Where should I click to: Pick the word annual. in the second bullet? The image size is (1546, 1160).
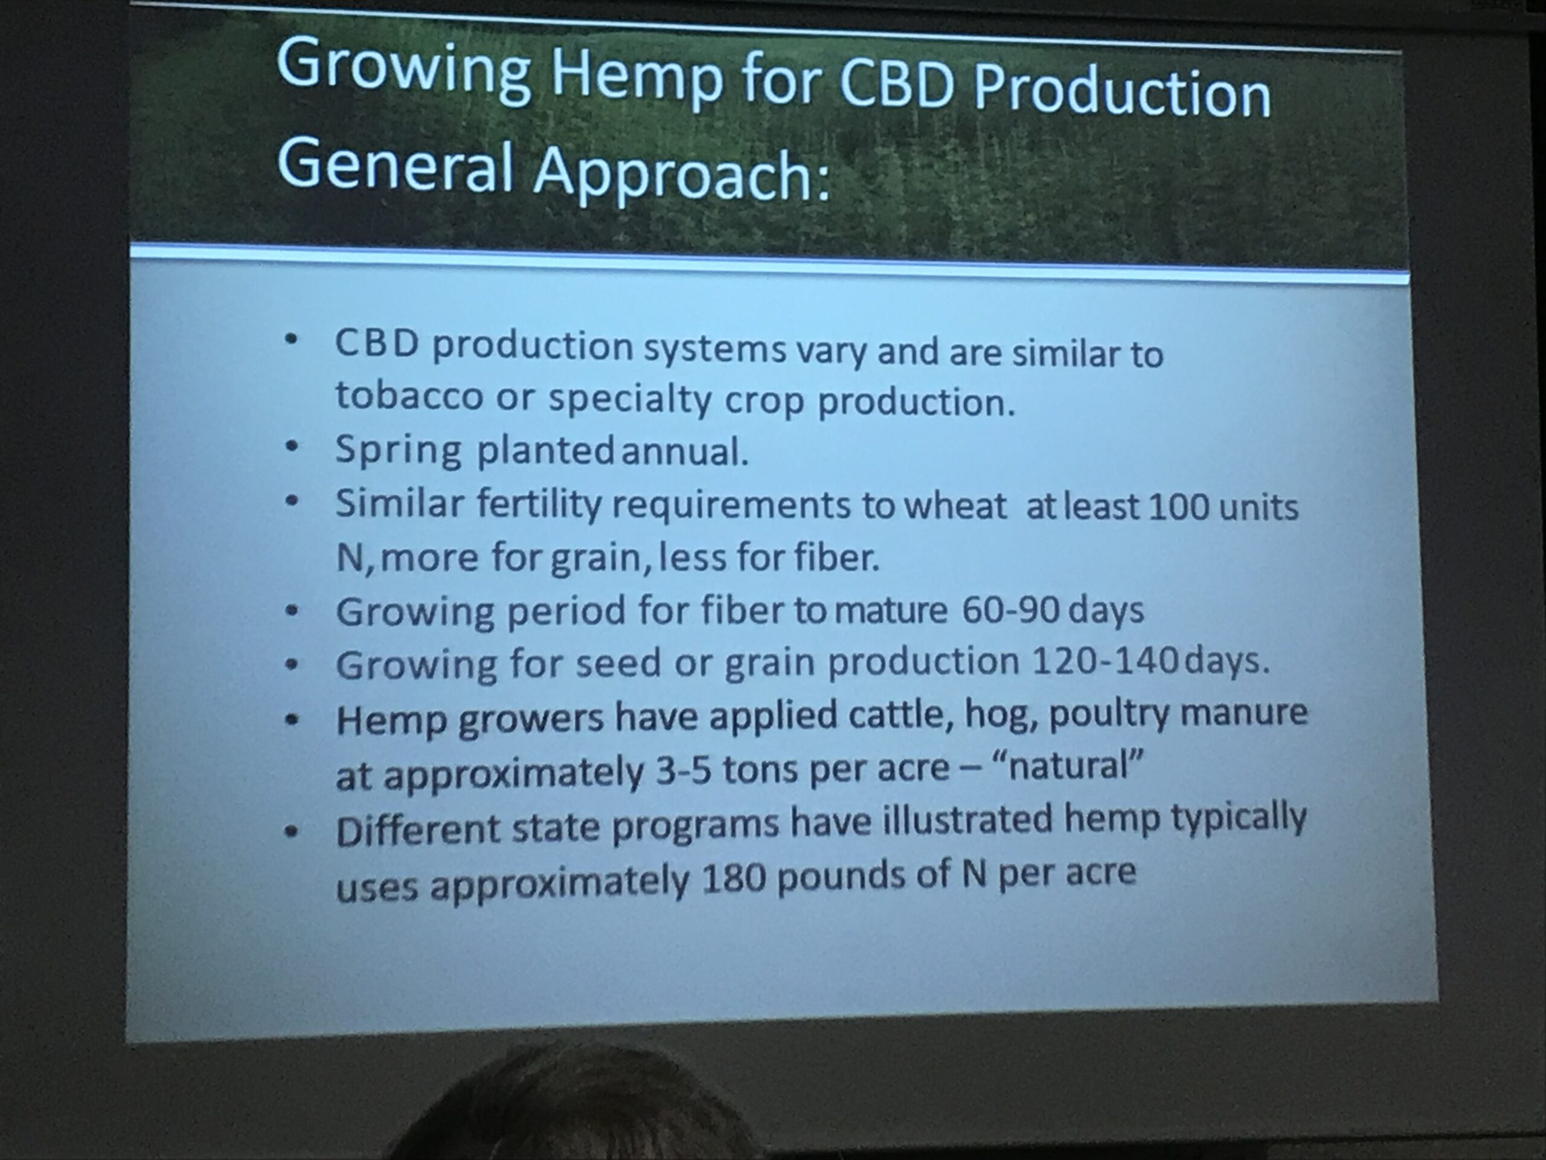(x=684, y=453)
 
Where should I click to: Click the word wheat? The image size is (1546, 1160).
(x=955, y=506)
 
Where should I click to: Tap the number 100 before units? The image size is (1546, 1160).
(x=1178, y=507)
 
